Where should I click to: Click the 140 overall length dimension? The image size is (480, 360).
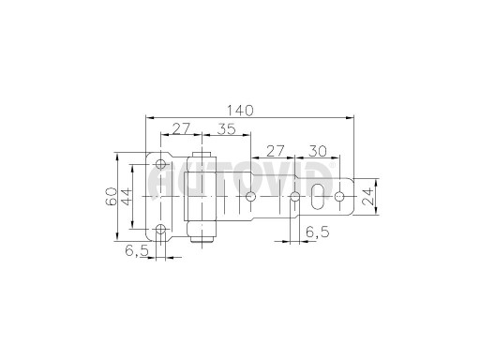[240, 111]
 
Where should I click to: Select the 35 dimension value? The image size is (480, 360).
[227, 128]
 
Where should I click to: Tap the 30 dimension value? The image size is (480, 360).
[318, 151]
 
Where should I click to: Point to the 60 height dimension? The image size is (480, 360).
[111, 197]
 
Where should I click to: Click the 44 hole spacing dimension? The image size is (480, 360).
[127, 197]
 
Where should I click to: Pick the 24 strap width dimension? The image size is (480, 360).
[367, 196]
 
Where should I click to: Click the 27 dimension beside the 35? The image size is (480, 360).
[181, 128]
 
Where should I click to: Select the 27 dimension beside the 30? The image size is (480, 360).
[275, 151]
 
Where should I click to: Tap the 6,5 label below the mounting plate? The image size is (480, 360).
[136, 250]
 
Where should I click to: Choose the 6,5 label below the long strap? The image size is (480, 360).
[318, 232]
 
